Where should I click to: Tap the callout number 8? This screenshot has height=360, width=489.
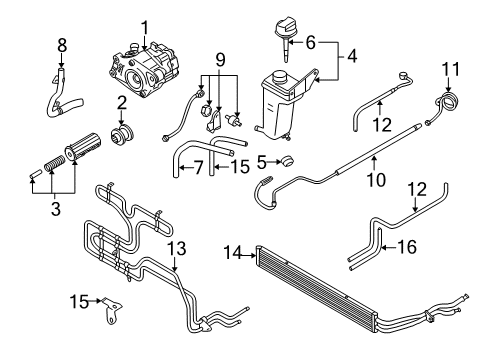pos(62,45)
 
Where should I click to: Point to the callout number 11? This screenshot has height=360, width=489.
pos(451,69)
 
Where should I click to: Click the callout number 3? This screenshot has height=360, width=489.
pos(56,209)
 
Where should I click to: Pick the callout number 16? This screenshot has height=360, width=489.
pos(407,247)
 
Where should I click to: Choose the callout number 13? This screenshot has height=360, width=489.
pos(176,248)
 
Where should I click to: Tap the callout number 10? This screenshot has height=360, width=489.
pos(376,180)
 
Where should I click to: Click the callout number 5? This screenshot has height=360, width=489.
pos(262,162)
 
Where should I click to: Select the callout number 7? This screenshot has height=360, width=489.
pos(198,167)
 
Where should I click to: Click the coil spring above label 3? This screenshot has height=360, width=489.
pos(54,162)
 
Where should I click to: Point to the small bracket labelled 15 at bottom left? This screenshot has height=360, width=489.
pos(112,309)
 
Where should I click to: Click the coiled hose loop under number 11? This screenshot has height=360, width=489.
pos(448,101)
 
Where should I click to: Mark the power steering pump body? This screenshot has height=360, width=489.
pos(143,69)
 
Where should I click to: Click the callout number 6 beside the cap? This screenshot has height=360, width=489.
pos(310,43)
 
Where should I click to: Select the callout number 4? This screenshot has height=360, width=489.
pos(352,56)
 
